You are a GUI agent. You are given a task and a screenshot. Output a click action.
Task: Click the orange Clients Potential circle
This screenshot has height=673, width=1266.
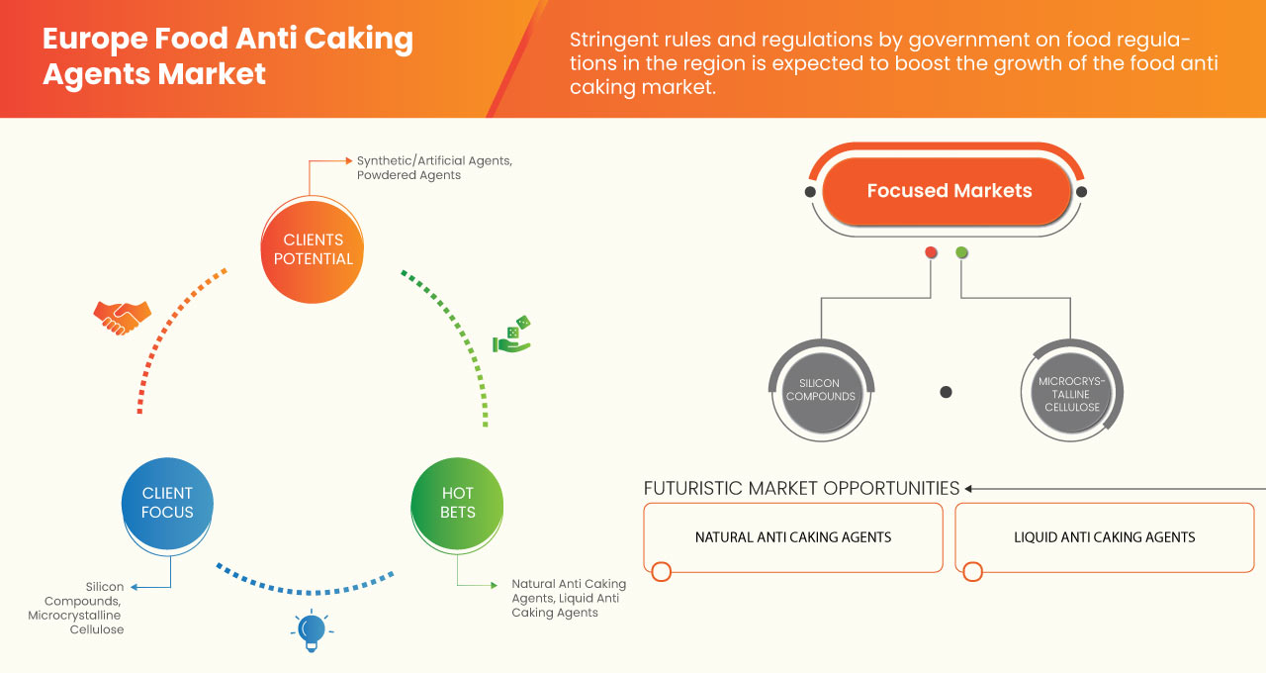coord(312,249)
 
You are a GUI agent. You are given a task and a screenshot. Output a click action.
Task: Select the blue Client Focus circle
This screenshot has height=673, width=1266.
coord(167,503)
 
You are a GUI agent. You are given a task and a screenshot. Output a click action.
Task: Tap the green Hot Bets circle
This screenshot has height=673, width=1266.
coord(457,503)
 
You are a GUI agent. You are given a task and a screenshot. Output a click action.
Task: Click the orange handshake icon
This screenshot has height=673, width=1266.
coord(122,317)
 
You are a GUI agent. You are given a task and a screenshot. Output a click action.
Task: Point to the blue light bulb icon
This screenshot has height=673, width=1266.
coord(312,629)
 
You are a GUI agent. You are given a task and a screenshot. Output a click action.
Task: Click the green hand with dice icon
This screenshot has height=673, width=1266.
coord(512,336)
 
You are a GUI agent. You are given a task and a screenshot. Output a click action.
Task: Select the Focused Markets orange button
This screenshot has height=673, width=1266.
coord(949,191)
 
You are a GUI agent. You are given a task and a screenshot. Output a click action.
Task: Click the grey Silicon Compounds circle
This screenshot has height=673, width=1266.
coord(820,390)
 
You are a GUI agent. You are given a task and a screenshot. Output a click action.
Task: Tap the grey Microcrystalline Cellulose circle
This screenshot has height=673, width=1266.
coord(1070,394)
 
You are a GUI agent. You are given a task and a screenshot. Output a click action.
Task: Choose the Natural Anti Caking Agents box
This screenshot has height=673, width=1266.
coord(792,537)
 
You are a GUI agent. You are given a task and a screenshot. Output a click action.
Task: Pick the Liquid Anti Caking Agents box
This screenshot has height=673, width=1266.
coord(1104,537)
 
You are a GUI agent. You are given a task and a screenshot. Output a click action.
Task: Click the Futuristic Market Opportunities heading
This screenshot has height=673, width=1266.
coord(801,488)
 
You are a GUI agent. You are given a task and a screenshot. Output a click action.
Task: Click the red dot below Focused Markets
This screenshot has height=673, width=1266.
coord(931,253)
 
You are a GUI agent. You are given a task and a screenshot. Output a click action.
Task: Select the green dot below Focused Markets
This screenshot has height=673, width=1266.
coord(961,253)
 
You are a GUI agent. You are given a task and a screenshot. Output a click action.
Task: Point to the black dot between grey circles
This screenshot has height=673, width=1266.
coord(946,392)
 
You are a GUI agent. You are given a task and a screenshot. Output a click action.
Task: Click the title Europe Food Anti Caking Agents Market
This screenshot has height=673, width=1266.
coord(227,55)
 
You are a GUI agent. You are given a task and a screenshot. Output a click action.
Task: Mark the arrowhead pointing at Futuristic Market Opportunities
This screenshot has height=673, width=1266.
coord(969,488)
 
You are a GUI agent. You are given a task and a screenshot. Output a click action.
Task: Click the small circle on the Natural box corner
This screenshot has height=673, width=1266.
coord(662,571)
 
